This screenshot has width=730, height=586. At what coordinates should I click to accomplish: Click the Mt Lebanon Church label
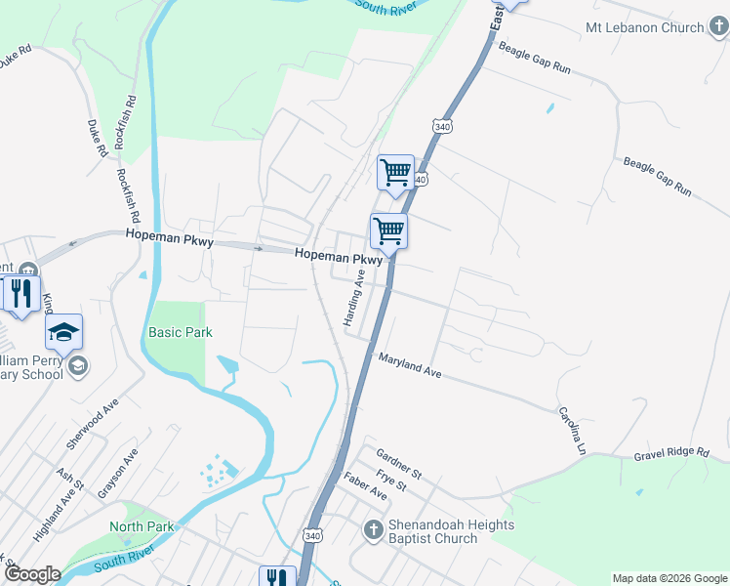[644, 27]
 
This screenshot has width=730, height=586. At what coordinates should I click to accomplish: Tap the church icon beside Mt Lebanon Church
[717, 27]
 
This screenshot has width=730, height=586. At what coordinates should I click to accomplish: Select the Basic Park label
[181, 332]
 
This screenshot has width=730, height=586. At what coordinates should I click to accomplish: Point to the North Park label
[142, 526]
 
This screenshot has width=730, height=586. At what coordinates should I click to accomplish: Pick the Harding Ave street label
[352, 298]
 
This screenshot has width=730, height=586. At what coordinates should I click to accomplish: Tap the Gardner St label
[398, 464]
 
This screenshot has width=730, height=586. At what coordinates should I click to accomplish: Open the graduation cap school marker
[63, 332]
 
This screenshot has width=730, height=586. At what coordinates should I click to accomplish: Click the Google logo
[31, 574]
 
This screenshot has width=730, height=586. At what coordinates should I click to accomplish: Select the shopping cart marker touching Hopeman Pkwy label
[388, 231]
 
